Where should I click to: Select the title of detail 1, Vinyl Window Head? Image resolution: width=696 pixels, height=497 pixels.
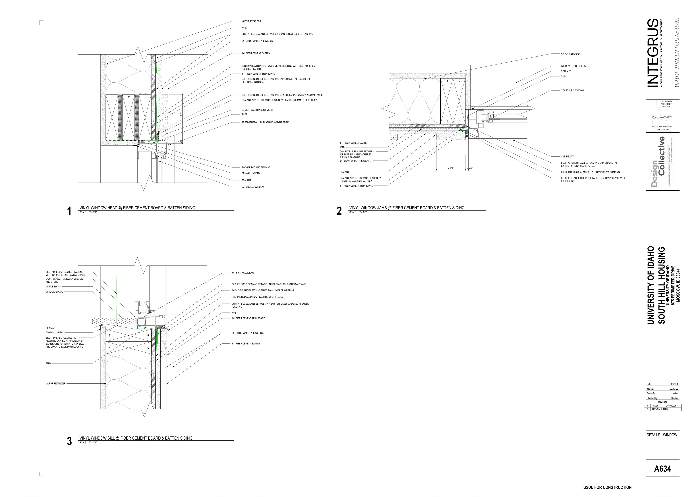[x=137, y=208]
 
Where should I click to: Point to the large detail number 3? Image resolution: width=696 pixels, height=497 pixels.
[x=69, y=442]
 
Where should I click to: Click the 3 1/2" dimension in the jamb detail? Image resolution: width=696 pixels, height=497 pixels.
[x=451, y=168]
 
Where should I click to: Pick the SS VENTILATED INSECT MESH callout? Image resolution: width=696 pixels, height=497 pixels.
[x=257, y=110]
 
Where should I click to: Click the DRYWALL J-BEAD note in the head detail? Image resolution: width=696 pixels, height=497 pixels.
[x=250, y=173]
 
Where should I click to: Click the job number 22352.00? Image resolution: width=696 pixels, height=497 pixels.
[x=674, y=389]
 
